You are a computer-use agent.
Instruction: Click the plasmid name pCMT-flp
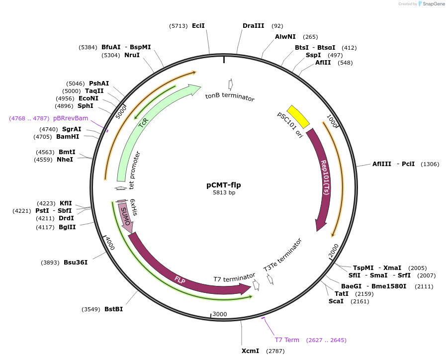224,185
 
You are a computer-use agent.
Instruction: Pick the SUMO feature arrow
126,218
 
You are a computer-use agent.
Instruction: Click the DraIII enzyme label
253,26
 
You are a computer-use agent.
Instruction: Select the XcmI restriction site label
250,351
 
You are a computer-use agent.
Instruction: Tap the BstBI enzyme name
113,309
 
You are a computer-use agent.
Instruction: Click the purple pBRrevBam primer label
71,118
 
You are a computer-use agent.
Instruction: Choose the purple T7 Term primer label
287,340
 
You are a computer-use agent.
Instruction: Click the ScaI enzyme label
336,301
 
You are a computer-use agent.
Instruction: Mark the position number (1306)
430,164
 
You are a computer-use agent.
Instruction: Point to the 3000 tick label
220,314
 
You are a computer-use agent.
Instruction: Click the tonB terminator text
230,96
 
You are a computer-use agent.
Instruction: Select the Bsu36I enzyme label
76,263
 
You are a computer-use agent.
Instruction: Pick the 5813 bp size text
224,192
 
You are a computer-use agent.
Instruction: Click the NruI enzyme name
132,55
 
